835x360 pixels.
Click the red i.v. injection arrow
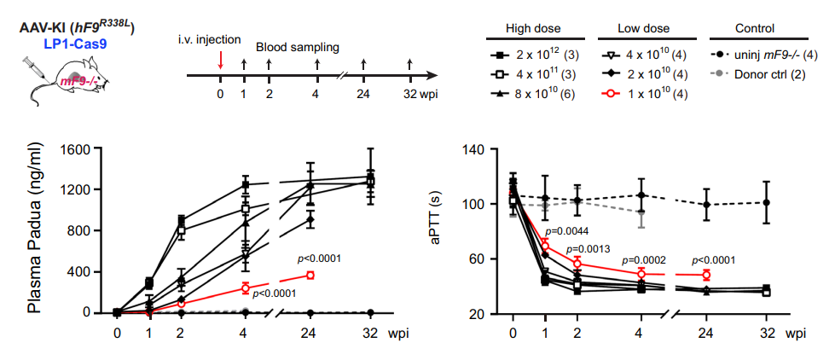tap(220, 60)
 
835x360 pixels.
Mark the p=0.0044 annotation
tap(566, 231)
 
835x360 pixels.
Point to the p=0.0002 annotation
tap(644, 260)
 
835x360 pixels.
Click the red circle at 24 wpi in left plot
tap(310, 275)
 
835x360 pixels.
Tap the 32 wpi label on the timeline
tap(416, 93)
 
